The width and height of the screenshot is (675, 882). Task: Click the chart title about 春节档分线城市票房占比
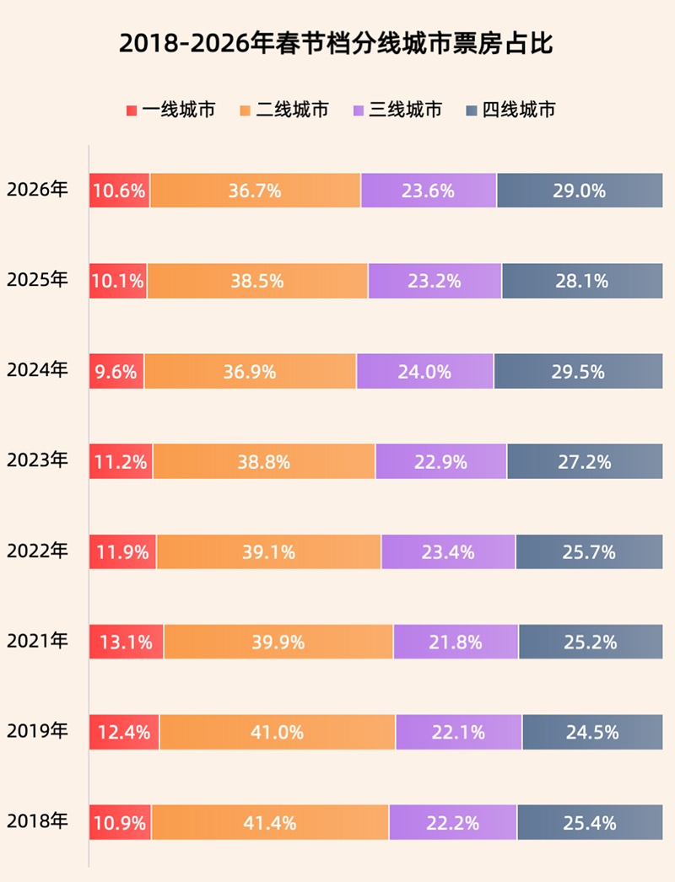(337, 44)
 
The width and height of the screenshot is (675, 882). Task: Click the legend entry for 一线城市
(170, 110)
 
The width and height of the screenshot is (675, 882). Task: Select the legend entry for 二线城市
(284, 110)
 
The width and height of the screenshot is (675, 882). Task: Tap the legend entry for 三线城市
(397, 110)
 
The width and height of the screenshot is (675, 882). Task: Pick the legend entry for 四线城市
(510, 110)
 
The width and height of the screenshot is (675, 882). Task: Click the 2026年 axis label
(37, 190)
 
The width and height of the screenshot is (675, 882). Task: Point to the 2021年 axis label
(37, 642)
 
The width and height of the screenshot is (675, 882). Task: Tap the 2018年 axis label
(37, 822)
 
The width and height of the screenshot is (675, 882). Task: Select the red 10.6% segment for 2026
(120, 191)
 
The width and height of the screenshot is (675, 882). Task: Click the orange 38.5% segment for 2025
(257, 281)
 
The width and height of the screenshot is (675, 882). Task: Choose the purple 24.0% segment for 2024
(425, 371)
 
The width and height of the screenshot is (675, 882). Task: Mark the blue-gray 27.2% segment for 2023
(585, 461)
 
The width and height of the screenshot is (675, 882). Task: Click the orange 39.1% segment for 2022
(268, 552)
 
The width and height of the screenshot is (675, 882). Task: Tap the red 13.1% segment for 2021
(127, 643)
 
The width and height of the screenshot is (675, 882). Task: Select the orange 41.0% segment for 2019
(277, 732)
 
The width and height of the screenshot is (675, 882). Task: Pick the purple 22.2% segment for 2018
(453, 822)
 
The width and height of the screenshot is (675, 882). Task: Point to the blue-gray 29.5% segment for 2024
(579, 371)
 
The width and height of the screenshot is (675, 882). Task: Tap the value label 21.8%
(456, 643)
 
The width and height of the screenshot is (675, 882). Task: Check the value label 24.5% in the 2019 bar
(592, 732)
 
